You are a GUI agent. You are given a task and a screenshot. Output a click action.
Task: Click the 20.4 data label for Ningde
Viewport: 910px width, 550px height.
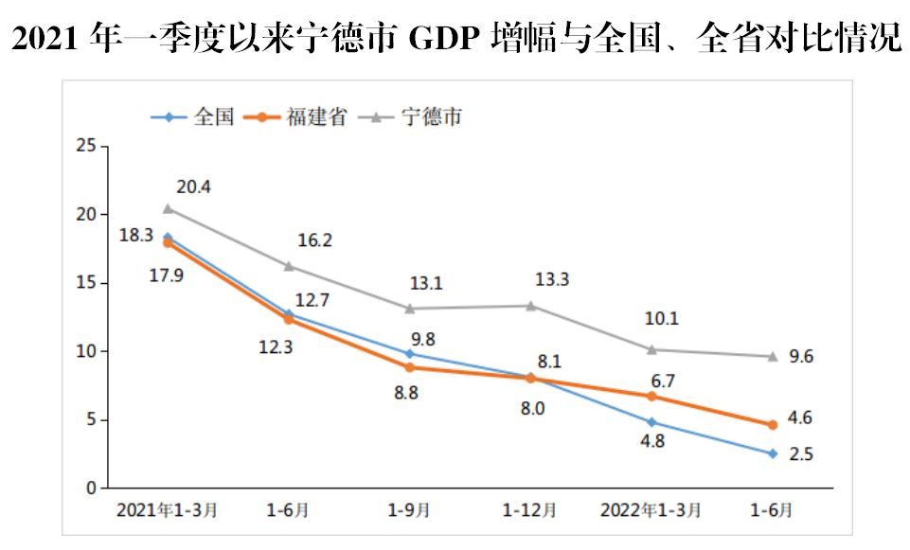193,187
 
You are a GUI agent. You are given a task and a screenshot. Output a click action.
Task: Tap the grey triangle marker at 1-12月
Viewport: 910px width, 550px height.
531,306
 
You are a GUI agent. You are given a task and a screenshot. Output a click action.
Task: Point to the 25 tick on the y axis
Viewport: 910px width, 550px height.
87,146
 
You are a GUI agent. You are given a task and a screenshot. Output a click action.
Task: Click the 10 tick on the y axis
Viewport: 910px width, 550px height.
87,351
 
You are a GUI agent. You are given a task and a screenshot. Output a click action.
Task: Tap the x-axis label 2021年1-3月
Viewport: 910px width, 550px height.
168,510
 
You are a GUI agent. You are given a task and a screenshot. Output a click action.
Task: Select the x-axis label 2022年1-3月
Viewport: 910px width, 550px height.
651,510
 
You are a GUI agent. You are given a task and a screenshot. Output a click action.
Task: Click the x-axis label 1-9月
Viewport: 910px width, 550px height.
410,510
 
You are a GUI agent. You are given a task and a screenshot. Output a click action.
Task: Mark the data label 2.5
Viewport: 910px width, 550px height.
801,454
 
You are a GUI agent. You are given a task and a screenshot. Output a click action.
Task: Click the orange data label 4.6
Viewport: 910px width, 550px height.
801,417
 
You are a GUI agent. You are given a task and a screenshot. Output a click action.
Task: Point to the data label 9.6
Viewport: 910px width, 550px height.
801,357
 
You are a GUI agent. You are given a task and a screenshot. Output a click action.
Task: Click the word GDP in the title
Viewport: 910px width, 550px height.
446,39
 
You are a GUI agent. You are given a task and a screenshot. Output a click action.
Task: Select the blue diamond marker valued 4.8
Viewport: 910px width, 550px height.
651,422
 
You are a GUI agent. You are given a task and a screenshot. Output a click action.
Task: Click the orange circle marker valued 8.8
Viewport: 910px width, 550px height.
410,367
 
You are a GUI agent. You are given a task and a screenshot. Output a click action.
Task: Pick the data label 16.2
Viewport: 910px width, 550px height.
314,240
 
